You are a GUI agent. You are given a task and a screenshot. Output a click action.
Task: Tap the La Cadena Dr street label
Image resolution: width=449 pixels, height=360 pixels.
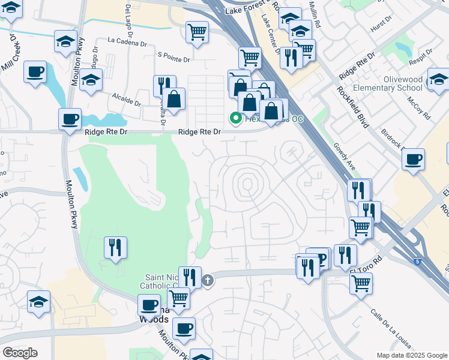click(x=127, y=41)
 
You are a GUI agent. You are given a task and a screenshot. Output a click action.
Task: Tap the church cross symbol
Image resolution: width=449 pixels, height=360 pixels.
click(x=208, y=280)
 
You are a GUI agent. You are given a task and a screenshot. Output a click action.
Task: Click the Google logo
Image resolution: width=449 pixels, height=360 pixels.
click(x=20, y=353)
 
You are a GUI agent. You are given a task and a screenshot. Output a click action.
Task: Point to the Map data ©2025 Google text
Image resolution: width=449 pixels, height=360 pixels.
click(x=411, y=355)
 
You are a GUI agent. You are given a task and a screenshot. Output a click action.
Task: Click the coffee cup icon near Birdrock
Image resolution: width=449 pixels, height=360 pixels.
click(x=413, y=160)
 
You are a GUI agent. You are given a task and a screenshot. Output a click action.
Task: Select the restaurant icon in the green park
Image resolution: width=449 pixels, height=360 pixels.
click(x=114, y=247)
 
